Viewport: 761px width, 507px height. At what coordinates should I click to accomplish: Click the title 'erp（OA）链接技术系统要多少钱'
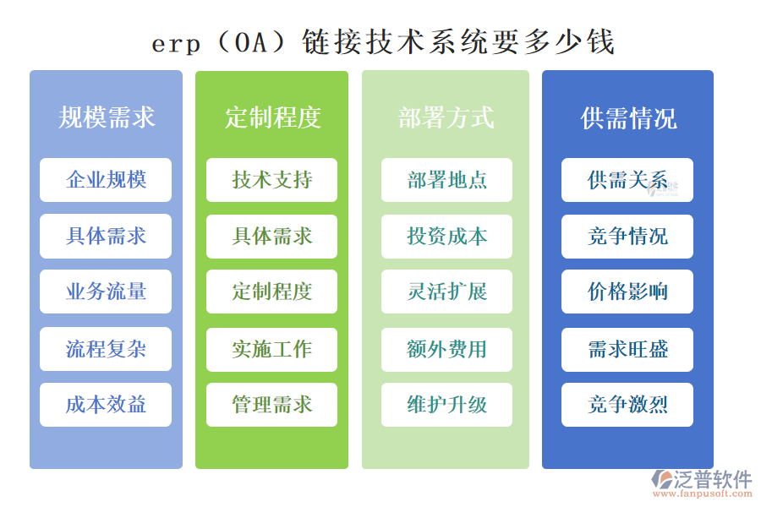pyautogui.click(x=383, y=41)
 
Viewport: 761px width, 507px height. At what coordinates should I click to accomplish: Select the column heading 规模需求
pyautogui.click(x=107, y=117)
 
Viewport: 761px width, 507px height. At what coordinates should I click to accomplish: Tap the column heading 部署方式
pyautogui.click(x=446, y=117)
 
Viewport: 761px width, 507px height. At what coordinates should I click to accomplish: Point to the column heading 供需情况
pyautogui.click(x=628, y=117)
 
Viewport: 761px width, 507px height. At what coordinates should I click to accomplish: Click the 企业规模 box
pyautogui.click(x=106, y=180)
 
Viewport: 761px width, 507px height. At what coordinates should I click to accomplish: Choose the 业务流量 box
pyautogui.click(x=106, y=292)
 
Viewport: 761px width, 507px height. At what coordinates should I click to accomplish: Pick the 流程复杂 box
pyautogui.click(x=106, y=349)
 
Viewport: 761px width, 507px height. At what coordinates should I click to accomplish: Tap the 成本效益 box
pyautogui.click(x=106, y=405)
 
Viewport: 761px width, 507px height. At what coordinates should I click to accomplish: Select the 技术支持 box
pyautogui.click(x=271, y=180)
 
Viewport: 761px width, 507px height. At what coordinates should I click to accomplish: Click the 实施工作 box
pyautogui.click(x=271, y=349)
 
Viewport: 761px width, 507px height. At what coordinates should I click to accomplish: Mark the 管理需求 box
pyautogui.click(x=271, y=405)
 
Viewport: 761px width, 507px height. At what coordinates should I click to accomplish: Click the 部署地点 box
pyautogui.click(x=446, y=180)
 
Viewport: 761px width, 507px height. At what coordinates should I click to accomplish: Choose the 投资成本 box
pyautogui.click(x=446, y=237)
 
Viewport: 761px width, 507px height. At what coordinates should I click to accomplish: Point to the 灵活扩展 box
pyautogui.click(x=446, y=292)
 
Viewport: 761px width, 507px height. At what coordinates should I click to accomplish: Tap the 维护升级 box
pyautogui.click(x=446, y=405)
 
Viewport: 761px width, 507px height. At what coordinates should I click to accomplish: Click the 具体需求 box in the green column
pyautogui.click(x=271, y=237)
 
